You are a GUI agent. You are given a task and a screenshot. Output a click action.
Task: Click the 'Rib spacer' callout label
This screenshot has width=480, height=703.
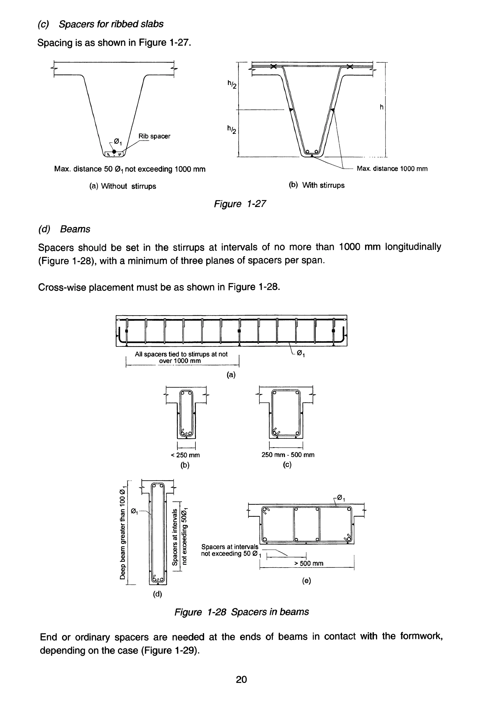pos(154,136)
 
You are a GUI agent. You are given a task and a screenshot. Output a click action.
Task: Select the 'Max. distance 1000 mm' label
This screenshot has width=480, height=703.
pos(392,169)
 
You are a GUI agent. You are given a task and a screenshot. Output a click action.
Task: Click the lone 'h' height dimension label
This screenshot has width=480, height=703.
pos(381,107)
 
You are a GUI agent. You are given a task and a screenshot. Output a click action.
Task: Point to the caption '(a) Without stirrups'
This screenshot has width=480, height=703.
pos(123,186)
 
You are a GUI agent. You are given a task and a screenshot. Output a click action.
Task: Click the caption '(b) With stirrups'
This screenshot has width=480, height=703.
pos(316,185)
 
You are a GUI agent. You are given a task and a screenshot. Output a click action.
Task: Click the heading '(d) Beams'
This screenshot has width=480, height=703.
pos(64,229)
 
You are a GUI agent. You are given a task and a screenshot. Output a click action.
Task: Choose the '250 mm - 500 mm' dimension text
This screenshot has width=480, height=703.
pos(288,455)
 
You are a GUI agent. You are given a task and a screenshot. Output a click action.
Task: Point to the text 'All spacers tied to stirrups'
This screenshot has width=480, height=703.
pos(181,354)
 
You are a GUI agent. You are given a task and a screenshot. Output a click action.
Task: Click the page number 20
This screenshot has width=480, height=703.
pos(241,680)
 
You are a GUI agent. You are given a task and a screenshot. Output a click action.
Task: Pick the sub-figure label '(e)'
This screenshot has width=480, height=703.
pos(306,581)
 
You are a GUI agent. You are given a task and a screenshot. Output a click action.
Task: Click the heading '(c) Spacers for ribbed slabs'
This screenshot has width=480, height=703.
pos(100,24)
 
